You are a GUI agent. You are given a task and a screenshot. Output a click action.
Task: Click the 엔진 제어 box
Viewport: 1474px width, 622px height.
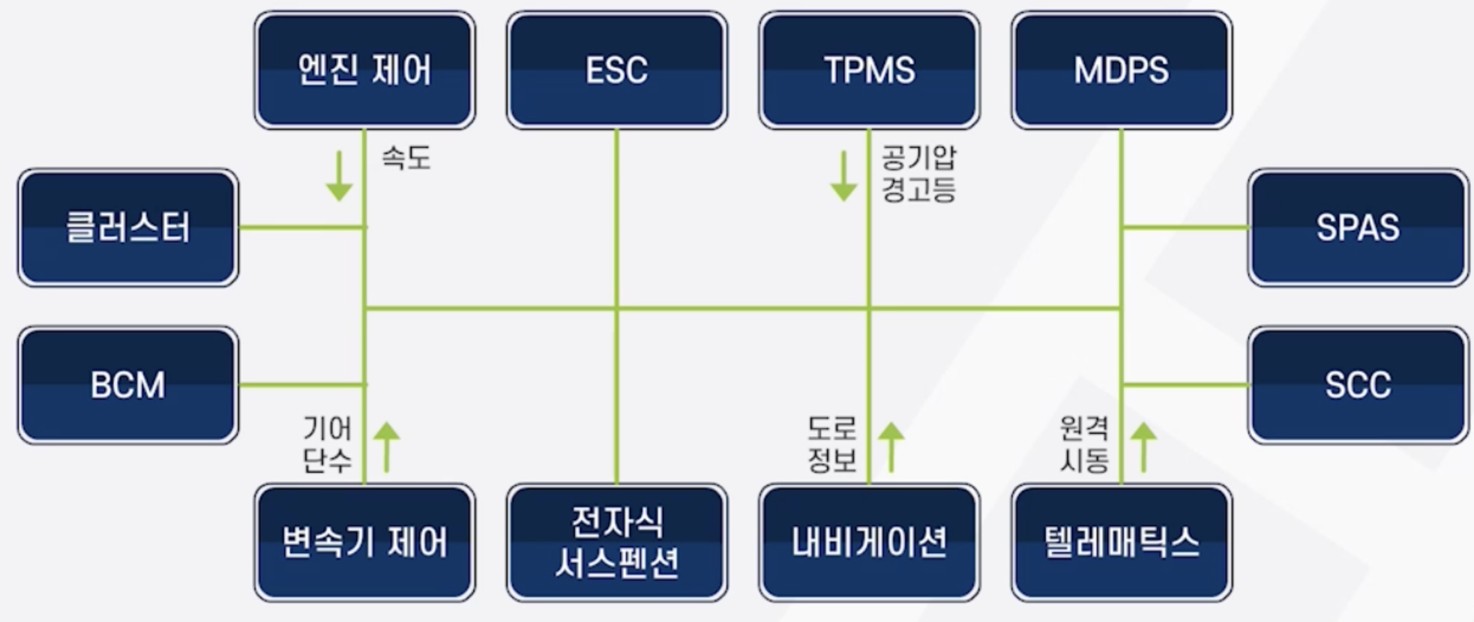pyautogui.click(x=364, y=70)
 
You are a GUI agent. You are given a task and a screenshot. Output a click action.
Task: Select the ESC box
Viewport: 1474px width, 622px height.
pyautogui.click(x=616, y=70)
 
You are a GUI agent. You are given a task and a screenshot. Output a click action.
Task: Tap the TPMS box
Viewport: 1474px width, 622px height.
pyautogui.click(x=869, y=70)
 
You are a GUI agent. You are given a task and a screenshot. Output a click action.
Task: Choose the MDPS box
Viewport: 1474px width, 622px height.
pyautogui.click(x=1121, y=70)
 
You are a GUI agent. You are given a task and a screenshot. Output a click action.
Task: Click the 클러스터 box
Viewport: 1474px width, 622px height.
pyautogui.click(x=128, y=227)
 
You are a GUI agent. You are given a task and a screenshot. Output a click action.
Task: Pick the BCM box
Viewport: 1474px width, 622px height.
pyautogui.click(x=128, y=384)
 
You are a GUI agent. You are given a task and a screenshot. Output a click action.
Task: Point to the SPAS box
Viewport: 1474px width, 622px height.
pyautogui.click(x=1358, y=227)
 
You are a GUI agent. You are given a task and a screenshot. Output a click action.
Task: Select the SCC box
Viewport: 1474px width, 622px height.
pyautogui.click(x=1358, y=384)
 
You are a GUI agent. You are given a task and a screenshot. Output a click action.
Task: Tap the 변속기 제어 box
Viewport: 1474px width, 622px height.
pyautogui.click(x=364, y=542)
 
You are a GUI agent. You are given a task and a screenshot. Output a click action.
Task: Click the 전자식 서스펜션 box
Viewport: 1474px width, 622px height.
pyautogui.click(x=616, y=542)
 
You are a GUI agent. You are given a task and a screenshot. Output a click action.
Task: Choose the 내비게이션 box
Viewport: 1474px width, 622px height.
pyautogui.click(x=869, y=542)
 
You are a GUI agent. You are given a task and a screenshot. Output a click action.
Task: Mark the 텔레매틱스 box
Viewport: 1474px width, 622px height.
pyautogui.click(x=1121, y=542)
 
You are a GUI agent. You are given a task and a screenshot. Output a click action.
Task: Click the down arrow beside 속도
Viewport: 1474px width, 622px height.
pyautogui.click(x=339, y=176)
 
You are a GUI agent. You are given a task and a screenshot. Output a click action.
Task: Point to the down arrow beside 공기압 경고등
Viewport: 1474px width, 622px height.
pyautogui.click(x=843, y=176)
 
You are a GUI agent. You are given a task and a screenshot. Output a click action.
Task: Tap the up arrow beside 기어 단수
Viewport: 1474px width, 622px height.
pyautogui.click(x=386, y=447)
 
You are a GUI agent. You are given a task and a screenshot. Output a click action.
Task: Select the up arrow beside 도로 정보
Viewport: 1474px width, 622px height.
pyautogui.click(x=891, y=447)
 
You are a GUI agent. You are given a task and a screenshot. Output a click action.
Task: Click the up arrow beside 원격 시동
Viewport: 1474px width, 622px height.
pyautogui.click(x=1143, y=447)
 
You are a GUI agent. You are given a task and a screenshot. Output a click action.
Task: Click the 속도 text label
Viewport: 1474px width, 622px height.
pyautogui.click(x=406, y=158)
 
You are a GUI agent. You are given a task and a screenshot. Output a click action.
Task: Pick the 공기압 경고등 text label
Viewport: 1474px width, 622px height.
pyautogui.click(x=918, y=173)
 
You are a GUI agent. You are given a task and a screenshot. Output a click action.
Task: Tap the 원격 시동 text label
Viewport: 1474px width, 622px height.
pyautogui.click(x=1084, y=444)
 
